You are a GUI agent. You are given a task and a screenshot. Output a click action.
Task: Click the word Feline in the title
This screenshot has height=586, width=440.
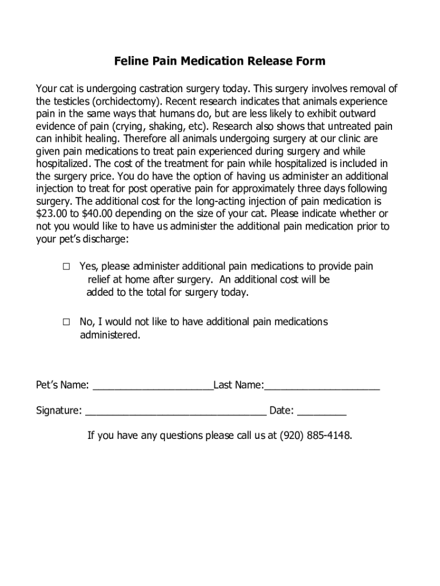(129, 61)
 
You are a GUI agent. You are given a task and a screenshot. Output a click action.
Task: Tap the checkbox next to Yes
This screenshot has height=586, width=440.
(66, 267)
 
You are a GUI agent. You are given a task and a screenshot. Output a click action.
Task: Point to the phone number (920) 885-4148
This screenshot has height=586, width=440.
(315, 436)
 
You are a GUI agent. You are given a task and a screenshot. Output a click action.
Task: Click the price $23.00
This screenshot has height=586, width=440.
(51, 214)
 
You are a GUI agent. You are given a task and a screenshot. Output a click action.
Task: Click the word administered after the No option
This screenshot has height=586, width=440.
(109, 335)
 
